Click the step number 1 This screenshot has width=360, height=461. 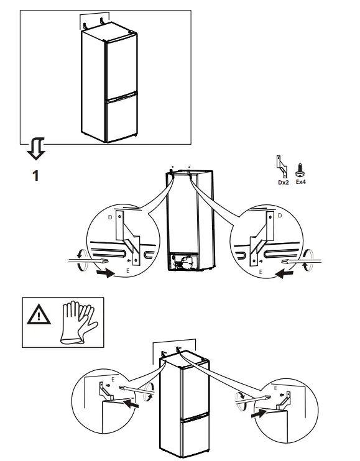tap(35, 176)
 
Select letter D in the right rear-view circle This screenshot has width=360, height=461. tap(280, 215)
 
